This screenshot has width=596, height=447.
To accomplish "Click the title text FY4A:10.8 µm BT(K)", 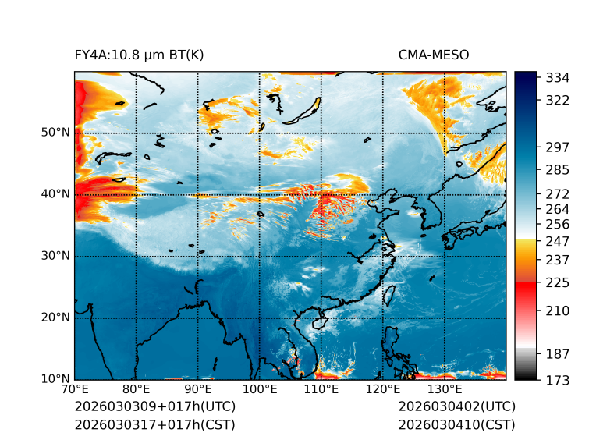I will [x=140, y=55].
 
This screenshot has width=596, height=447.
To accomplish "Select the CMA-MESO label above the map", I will [x=434, y=55].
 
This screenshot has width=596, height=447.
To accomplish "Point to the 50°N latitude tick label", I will [x=55, y=132].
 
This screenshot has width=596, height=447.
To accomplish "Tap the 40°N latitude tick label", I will [x=55, y=193].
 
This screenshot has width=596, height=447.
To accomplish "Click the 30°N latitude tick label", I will [x=55, y=255].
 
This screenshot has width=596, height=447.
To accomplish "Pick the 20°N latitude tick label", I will [x=55, y=318].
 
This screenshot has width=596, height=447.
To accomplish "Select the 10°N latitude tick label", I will [x=55, y=379].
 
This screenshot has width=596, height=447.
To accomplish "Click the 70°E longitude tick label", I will [x=75, y=390].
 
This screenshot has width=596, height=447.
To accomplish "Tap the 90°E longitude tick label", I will [x=198, y=390].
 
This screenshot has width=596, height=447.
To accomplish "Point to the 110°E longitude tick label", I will [x=321, y=390].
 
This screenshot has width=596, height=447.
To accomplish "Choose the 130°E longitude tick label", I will [x=444, y=390].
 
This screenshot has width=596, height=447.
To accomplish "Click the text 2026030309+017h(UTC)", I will [x=154, y=407].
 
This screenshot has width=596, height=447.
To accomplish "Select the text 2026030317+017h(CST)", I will [x=154, y=424].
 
